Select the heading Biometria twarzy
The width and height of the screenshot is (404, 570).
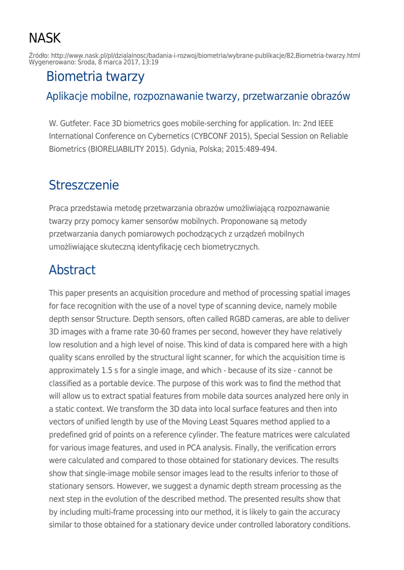pyautogui.click(x=95, y=76)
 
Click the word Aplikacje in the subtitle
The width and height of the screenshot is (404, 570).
pyautogui.click(x=69, y=96)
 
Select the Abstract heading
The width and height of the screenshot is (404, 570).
pyautogui.click(x=72, y=271)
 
